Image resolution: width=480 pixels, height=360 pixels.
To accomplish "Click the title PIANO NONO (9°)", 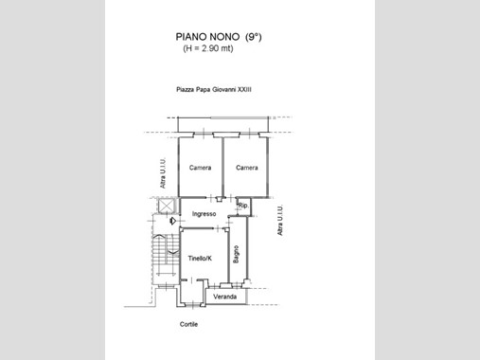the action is point(219,37).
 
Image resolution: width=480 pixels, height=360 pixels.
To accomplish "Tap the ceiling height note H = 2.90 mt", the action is point(208,48).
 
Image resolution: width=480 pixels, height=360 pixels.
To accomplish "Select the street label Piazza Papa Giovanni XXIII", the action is point(214,89).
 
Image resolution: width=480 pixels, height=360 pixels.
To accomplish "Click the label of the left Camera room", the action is point(200,168).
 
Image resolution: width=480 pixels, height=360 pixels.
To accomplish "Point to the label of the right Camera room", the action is point(247,168).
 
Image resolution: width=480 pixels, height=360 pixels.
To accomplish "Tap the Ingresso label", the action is point(204,214).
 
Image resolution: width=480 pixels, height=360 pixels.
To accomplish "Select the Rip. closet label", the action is point(243,206).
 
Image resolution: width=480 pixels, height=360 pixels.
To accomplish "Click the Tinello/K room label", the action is point(200,259).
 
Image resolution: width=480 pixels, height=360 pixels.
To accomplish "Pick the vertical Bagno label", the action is point(236,254).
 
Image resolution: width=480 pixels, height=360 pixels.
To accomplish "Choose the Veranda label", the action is point(224,297).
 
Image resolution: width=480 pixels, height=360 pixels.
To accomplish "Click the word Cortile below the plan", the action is point(188,324).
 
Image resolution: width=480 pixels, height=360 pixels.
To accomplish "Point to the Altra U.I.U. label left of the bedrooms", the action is point(163,173).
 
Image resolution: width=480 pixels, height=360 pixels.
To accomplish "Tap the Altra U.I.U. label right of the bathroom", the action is point(280,220).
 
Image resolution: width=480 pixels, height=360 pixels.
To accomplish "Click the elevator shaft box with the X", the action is point(167,206).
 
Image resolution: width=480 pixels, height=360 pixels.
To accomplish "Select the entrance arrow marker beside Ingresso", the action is point(172,221).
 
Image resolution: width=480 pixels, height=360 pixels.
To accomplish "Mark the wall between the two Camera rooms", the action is point(222,167).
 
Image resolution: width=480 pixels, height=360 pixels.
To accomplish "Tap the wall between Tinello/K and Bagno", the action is point(228,255).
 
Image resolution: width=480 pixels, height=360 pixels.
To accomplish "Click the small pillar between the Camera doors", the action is point(219,199).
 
